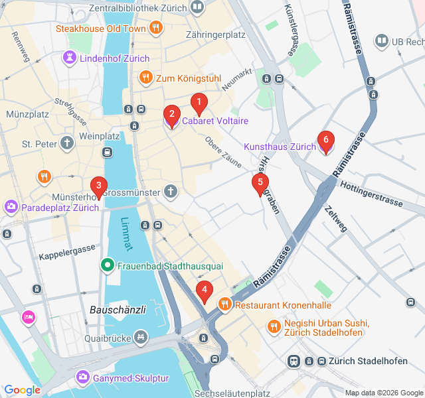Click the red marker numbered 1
pos(198,103)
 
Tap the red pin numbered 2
pos(171,115)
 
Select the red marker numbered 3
pos(98,186)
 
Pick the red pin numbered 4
pos(205,291)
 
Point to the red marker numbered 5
pos(260,183)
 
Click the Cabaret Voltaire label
pos(215,121)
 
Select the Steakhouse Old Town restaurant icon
pos(156,28)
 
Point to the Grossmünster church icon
pos(171,192)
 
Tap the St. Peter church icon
pos(67,143)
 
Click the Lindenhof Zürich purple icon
pos(69,58)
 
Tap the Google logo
pos(22,390)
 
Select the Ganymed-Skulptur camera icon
pos(83,377)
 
